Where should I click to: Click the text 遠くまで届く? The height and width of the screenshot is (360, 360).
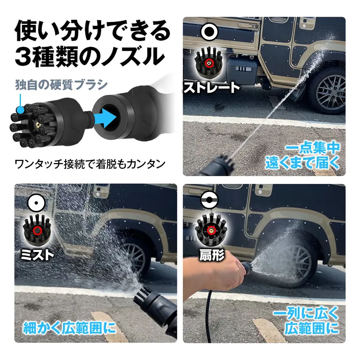[x=303, y=163]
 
